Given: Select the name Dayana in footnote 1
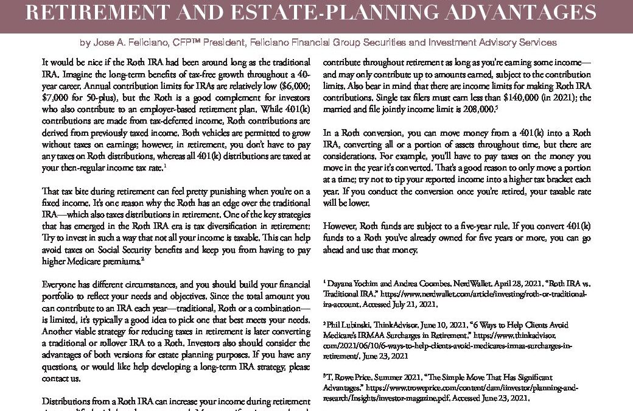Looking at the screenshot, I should click(340, 284).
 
